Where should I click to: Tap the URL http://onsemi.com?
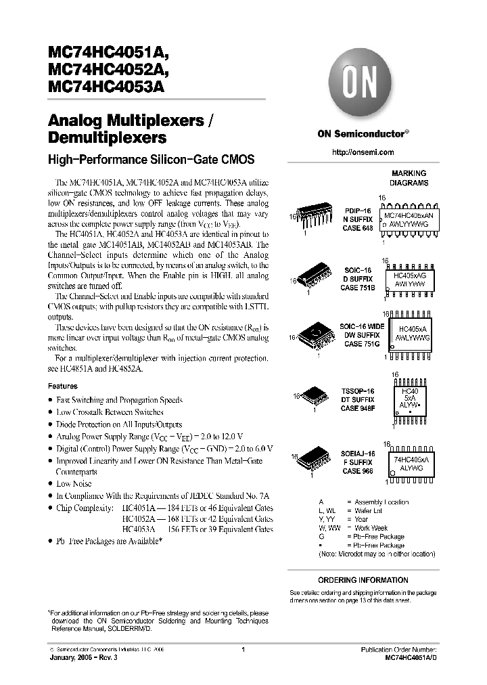363,152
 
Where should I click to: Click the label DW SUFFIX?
361,335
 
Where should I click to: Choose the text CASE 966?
356,470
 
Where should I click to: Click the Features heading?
62,386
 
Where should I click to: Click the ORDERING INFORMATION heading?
363,580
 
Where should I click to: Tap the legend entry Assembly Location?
381,502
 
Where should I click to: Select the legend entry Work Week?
371,528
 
